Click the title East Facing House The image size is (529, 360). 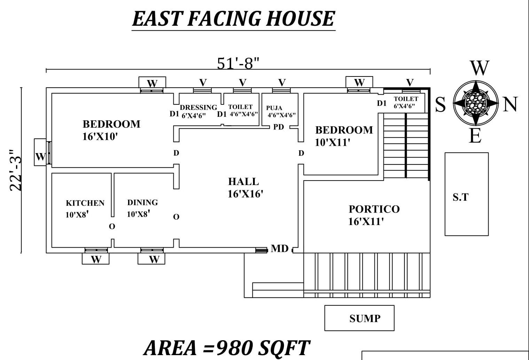tap(233, 19)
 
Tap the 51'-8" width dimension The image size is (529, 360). tap(238, 63)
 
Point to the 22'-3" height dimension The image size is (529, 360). tap(16, 170)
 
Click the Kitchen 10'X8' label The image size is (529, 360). tap(85, 208)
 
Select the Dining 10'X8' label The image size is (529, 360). tap(142, 208)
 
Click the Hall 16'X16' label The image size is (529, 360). tap(245, 187)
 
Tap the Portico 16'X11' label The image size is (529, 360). tap(374, 215)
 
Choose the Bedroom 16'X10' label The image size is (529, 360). tap(111, 130)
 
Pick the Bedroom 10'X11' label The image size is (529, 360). tap(344, 136)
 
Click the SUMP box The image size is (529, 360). tap(359, 318)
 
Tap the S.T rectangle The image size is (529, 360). tap(466, 194)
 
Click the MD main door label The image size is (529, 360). tap(279, 248)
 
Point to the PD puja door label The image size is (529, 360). tap(278, 127)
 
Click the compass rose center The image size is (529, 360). tap(475, 103)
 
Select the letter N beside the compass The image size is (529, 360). tap(510, 104)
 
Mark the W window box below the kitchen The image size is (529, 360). tap(96, 259)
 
